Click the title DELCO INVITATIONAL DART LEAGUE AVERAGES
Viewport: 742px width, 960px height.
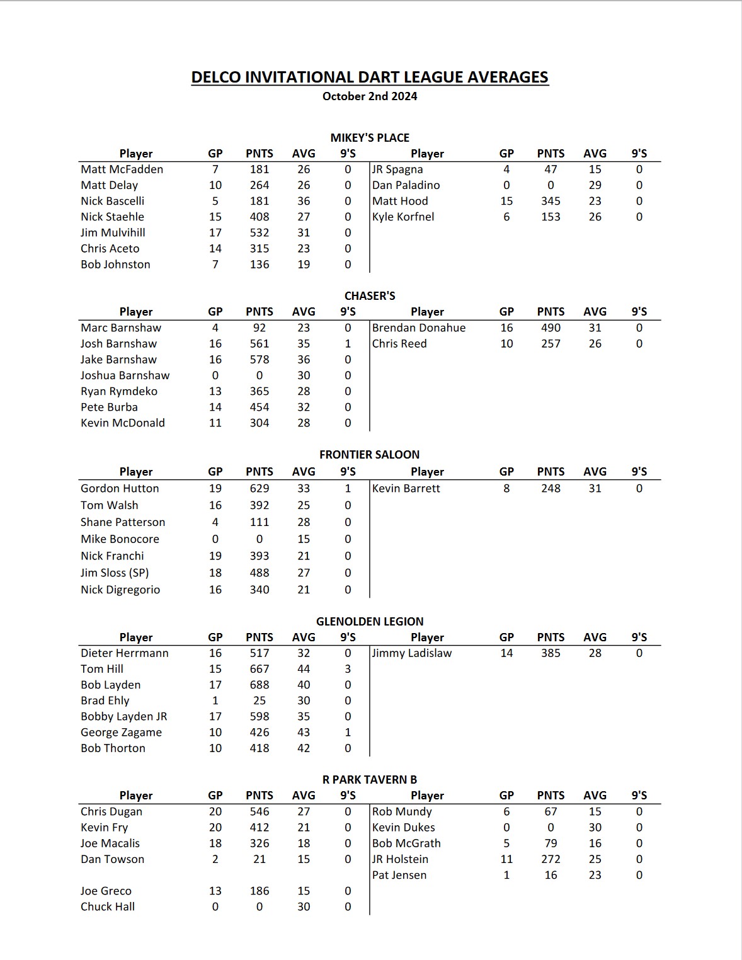coord(370,77)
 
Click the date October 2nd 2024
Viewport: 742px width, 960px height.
coord(370,96)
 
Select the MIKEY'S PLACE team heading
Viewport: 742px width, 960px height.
coord(370,137)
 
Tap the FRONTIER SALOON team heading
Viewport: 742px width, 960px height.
coord(369,454)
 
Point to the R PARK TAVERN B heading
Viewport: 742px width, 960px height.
coord(370,779)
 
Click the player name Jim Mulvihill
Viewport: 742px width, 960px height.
coord(113,232)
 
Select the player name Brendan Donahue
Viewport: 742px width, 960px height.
coord(419,328)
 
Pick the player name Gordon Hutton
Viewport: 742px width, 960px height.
coord(120,488)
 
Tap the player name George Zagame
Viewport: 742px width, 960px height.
coord(121,732)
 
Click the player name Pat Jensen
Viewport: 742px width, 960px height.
coord(399,875)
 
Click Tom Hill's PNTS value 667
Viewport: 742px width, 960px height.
coord(260,669)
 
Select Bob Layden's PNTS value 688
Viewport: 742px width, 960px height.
coord(260,685)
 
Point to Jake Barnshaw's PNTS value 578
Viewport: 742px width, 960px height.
coord(260,359)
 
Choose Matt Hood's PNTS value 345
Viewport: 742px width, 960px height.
coord(551,201)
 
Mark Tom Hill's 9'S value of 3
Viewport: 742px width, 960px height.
coord(348,669)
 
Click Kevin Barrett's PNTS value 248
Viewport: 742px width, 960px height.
coord(551,488)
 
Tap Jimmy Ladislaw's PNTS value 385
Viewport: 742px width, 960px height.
coord(551,653)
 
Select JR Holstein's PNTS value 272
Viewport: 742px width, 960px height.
coord(551,859)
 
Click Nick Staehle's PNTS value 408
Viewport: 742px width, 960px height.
coord(260,217)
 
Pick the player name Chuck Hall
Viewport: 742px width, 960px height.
coord(108,906)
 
